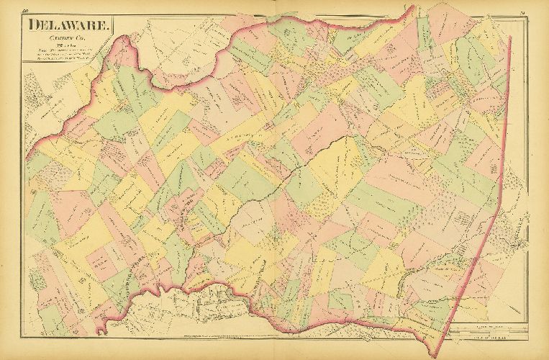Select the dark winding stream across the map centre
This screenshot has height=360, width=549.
pos(288,173)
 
